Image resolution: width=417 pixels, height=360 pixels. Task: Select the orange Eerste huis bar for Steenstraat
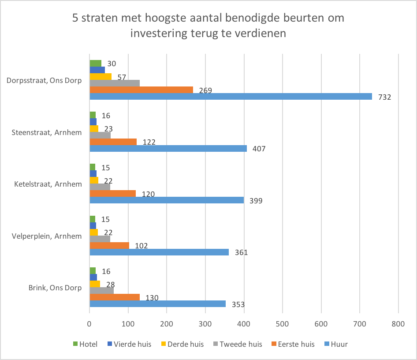coord(113,142)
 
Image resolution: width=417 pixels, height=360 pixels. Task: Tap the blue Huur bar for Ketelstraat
coord(167,200)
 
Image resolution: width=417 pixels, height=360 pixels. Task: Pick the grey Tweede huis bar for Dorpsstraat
coord(115,83)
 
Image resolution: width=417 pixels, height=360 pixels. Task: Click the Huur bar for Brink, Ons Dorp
coord(157,304)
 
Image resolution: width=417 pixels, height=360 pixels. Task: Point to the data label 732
coord(385,97)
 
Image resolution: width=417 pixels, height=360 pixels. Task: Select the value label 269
coord(205,90)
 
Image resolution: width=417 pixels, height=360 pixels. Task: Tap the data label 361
coord(241,252)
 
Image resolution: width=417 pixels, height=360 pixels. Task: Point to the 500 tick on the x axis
coord(283,323)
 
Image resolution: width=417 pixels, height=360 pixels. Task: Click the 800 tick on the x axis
coord(398,323)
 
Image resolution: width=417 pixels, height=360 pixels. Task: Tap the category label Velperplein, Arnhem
coord(47,236)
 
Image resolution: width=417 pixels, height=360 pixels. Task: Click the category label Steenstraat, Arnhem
coord(47,132)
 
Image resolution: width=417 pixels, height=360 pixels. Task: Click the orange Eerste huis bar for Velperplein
coord(109,245)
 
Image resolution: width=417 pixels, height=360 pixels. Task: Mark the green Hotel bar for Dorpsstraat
coord(96,63)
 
